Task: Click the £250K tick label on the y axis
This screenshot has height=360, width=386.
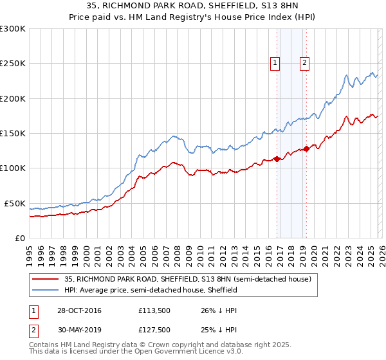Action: point(13,64)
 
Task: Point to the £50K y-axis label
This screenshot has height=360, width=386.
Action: point(15,203)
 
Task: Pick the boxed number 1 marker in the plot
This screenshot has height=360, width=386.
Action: point(275,62)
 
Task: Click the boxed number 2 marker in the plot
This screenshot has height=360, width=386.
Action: point(304,62)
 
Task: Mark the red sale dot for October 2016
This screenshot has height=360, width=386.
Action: point(277,159)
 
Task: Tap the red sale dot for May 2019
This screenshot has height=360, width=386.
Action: point(307,148)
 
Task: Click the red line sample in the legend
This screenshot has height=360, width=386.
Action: point(46,279)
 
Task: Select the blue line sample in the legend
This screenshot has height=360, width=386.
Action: point(46,290)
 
